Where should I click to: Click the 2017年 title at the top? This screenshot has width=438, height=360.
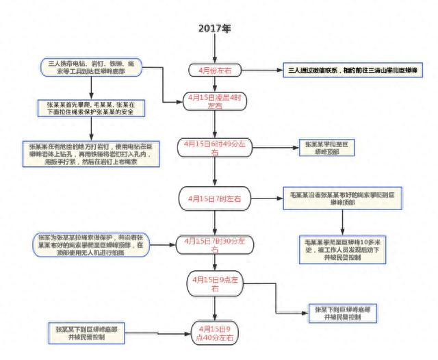(x=215, y=29)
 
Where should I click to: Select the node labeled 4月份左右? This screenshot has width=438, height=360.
(x=215, y=70)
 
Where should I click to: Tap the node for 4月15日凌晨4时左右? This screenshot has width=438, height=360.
(x=215, y=102)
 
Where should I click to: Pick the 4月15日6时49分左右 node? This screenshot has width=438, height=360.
(x=215, y=149)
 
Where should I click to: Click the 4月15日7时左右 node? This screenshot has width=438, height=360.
(x=215, y=198)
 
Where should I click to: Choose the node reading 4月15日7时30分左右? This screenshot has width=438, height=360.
(x=215, y=244)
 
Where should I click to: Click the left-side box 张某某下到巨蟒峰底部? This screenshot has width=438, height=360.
(x=84, y=333)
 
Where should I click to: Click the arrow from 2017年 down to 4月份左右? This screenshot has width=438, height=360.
(x=215, y=49)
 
